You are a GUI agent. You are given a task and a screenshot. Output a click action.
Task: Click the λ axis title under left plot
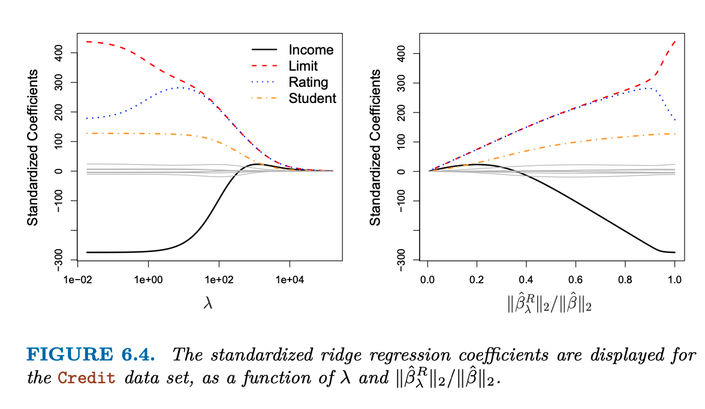[209, 304]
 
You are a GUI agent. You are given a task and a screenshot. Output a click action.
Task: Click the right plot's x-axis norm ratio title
[550, 304]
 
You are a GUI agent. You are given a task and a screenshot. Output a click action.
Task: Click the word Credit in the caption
[86, 380]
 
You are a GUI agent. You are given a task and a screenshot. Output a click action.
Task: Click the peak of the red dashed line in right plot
[674, 41]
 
